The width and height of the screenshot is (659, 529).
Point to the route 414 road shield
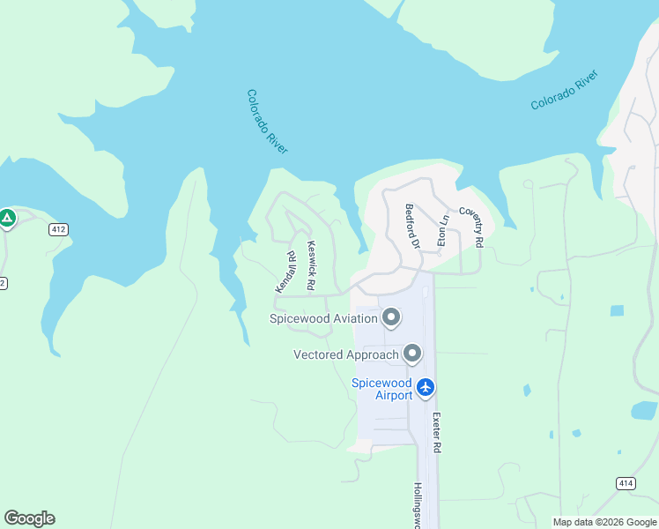pos(625,482)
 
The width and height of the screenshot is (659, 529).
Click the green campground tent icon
pos(7,217)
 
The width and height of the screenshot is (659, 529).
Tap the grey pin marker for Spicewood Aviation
pos(392,317)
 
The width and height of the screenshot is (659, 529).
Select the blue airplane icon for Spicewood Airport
pos(426,387)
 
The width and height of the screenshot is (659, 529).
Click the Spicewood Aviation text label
pos(324,317)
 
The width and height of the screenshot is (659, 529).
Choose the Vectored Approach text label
pos(346,355)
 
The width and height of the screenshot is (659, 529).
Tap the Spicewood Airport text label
pos(382,389)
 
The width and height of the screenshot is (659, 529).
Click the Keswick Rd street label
pos(310,265)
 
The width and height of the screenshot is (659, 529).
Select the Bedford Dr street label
pos(410,226)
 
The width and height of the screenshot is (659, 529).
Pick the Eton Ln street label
pos(444,230)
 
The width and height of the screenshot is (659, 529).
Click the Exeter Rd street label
pos(435,436)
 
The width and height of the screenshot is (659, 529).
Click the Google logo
pos(29,518)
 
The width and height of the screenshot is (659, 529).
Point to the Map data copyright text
pos(604,522)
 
